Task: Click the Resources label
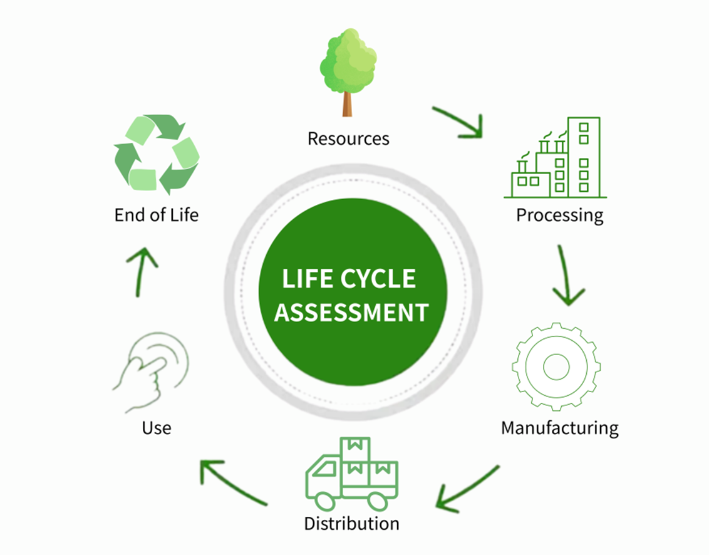(x=348, y=138)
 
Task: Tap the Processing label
(x=559, y=215)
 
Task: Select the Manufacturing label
(x=559, y=428)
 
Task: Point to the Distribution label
(x=351, y=523)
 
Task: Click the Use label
(x=156, y=428)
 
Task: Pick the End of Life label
(x=156, y=215)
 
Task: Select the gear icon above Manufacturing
(x=556, y=366)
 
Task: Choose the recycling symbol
(x=157, y=153)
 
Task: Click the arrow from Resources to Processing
(x=460, y=122)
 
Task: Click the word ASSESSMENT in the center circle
(x=351, y=311)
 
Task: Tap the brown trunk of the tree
(x=347, y=104)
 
